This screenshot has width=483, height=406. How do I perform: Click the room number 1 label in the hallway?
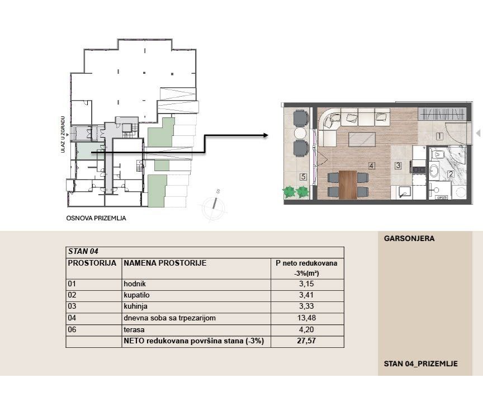pos(439,136)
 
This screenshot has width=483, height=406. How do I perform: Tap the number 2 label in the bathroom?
pos(451,174)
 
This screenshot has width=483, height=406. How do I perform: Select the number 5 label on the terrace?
pos(304,177)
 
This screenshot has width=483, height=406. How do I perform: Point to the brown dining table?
pos(348,185)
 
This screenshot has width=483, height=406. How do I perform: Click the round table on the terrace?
pos(300,133)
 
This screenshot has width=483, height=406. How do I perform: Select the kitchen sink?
pos(403,192)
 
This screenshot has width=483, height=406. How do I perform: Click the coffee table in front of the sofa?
pos(362,140)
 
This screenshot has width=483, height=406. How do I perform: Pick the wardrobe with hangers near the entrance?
pos(442,114)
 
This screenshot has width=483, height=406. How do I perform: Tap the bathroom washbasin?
pos(434,171)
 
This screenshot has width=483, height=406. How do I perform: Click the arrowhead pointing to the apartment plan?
pos(266,135)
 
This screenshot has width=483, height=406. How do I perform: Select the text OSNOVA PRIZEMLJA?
pos(96,218)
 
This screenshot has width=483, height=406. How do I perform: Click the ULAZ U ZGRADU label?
pos(63,134)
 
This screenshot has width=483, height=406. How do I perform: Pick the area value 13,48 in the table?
pos(307,318)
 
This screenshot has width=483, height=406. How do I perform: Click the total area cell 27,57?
pos(307,341)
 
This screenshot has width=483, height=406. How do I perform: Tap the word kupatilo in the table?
pos(136,295)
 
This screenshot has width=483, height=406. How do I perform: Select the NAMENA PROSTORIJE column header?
pos(165,263)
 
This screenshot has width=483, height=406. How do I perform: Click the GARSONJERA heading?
pos(409,238)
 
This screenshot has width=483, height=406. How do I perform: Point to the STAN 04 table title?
pos(83,251)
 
